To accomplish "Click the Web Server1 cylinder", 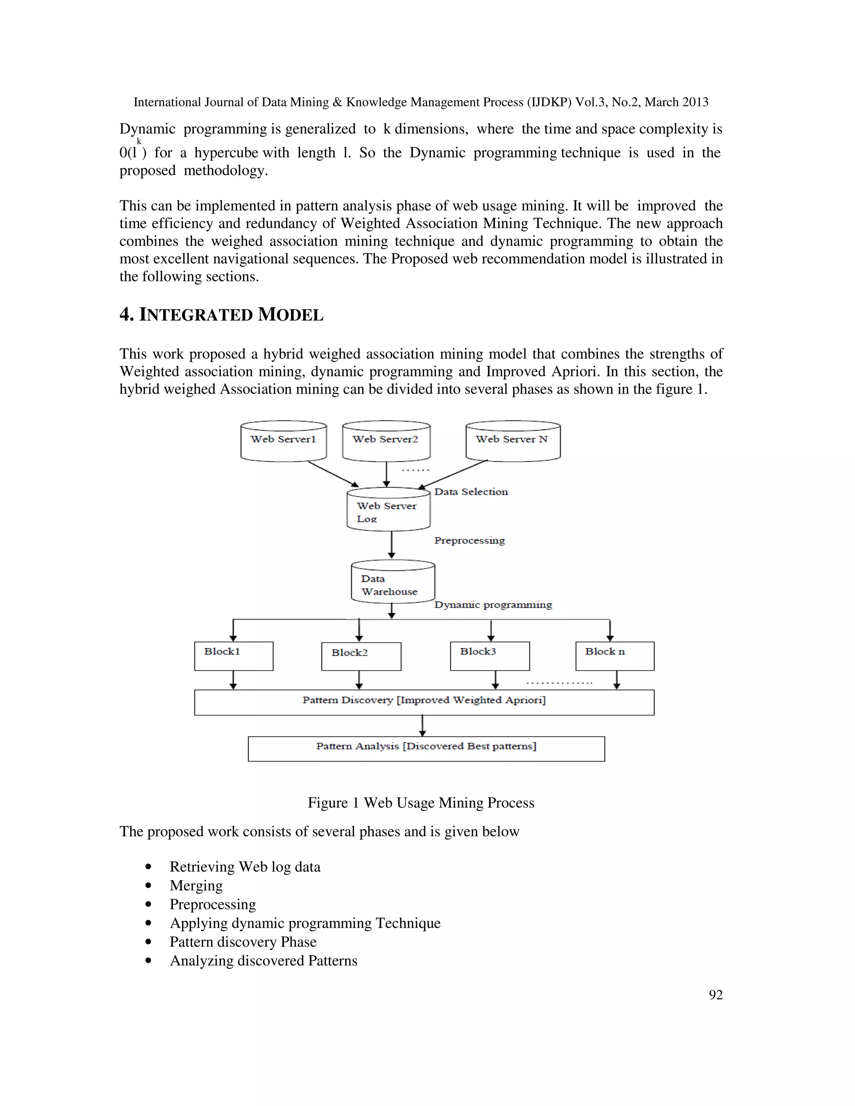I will (x=283, y=441).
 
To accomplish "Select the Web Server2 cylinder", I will (x=386, y=441).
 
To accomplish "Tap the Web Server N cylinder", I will (x=513, y=441).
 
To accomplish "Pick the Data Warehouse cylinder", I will (x=392, y=582).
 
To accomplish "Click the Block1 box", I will (x=233, y=657).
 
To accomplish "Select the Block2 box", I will (x=361, y=657).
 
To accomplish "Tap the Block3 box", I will (x=490, y=657).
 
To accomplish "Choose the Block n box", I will (x=615, y=657).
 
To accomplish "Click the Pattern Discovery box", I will (x=424, y=702).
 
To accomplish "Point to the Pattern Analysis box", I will (x=426, y=748).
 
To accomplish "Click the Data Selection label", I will (x=471, y=492).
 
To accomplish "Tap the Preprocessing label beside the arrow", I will (x=469, y=541).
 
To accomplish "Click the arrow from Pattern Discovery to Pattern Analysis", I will (x=422, y=726).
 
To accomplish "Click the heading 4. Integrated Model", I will (x=221, y=315).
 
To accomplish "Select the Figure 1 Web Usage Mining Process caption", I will (x=421, y=803).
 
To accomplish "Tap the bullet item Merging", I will (x=196, y=885).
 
